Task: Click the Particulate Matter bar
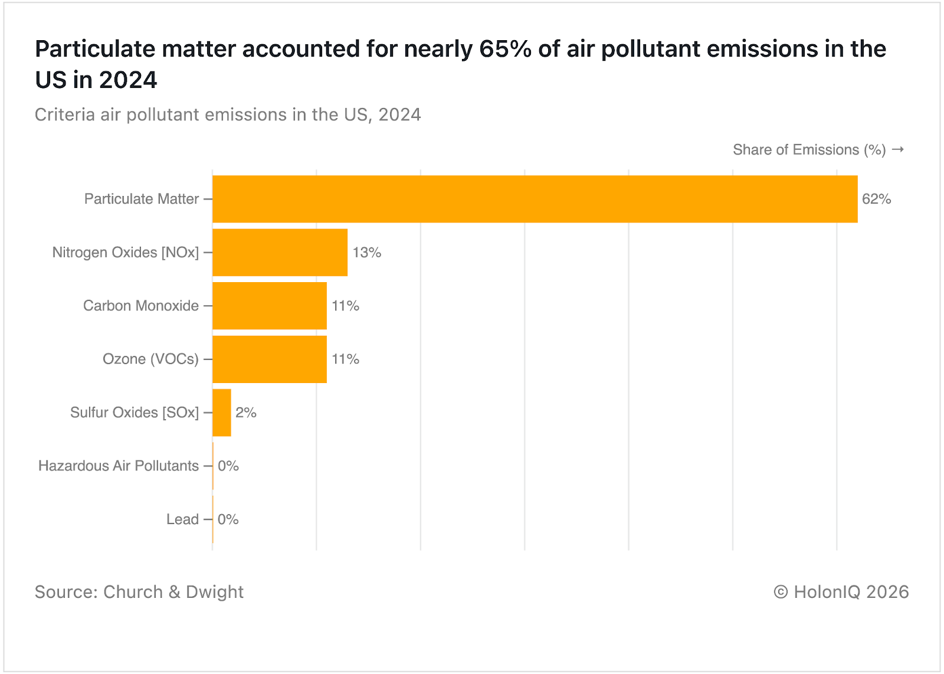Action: click(x=535, y=199)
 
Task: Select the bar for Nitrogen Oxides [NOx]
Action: click(x=280, y=253)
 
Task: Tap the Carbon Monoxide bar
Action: click(x=270, y=306)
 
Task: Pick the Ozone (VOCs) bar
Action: click(x=270, y=359)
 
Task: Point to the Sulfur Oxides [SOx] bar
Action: click(x=222, y=413)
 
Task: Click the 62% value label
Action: click(x=876, y=199)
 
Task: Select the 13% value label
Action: click(x=367, y=253)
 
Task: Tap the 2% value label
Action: click(x=246, y=413)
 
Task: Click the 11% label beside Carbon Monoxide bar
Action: click(x=346, y=306)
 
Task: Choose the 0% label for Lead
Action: click(x=228, y=519)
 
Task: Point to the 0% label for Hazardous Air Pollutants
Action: click(x=228, y=466)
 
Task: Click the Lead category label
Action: click(x=182, y=519)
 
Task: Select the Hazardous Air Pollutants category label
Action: click(x=119, y=466)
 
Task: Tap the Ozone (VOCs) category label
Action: click(x=150, y=359)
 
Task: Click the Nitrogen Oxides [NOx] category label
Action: click(x=126, y=253)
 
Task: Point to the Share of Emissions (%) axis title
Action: click(x=809, y=150)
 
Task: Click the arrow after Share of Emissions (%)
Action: click(x=898, y=150)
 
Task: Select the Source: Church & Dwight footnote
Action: click(x=139, y=592)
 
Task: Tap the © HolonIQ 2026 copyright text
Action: click(x=841, y=592)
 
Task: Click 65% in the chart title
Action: click(x=505, y=49)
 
